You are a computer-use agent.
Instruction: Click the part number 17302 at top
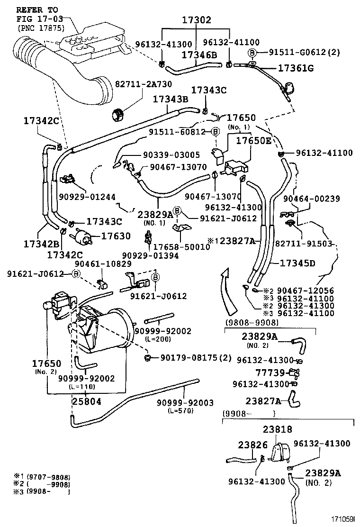coord(197,20)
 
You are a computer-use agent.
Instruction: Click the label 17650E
coord(254,141)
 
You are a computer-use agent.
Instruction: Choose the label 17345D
coord(297,263)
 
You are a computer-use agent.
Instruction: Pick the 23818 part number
coord(278,429)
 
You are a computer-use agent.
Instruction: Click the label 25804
coord(86,401)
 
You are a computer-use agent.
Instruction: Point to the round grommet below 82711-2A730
coord(118,114)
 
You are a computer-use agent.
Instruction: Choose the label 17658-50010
coord(180,247)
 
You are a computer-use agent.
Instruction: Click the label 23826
coord(253,445)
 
